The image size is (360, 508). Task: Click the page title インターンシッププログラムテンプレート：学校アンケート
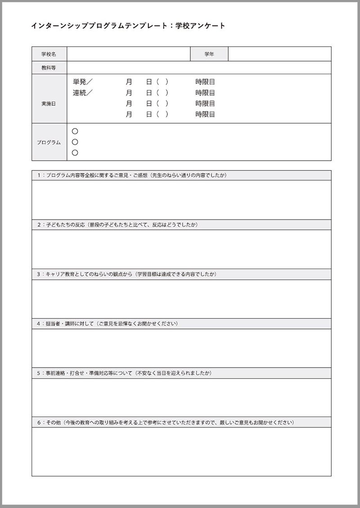click(128, 26)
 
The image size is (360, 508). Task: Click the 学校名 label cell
click(49, 54)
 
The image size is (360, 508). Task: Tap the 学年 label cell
click(209, 54)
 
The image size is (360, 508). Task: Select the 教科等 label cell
click(49, 67)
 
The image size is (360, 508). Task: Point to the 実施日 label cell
click(49, 103)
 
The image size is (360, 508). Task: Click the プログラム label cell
click(49, 142)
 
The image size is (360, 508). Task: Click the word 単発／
click(82, 82)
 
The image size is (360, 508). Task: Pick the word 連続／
click(82, 93)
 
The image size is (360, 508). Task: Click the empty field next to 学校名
click(129, 54)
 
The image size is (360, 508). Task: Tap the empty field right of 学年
click(279, 54)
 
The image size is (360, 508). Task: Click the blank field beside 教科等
click(199, 67)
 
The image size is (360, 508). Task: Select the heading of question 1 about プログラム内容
click(132, 175)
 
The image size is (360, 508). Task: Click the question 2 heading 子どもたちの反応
click(117, 225)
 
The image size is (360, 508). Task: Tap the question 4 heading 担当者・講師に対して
click(108, 324)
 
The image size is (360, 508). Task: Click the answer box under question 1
click(181, 200)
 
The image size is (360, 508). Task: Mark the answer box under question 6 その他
click(181, 451)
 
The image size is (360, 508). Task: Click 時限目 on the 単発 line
click(205, 82)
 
